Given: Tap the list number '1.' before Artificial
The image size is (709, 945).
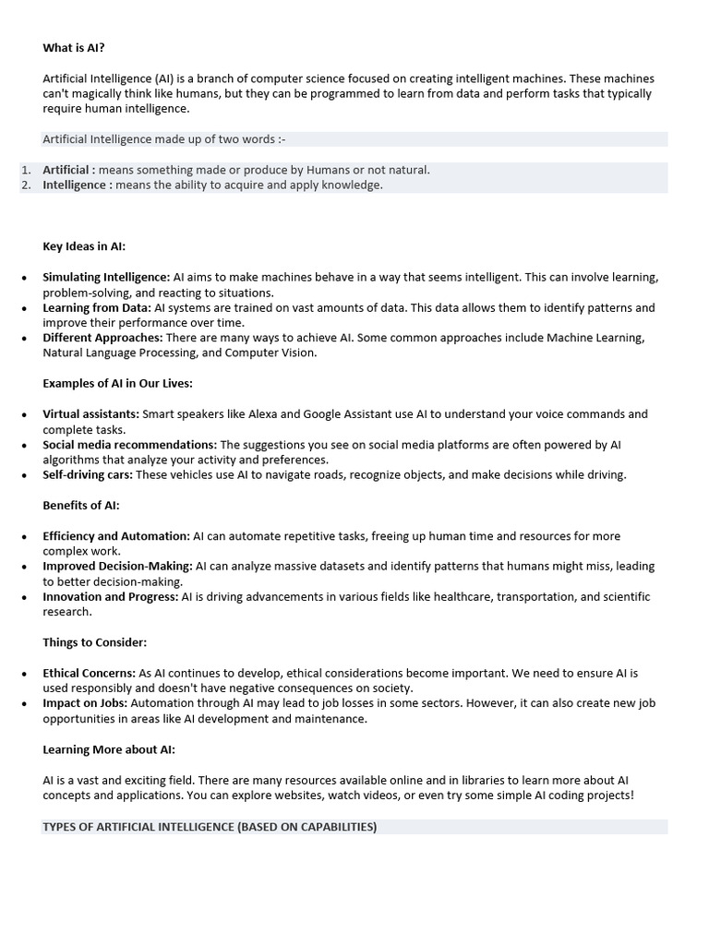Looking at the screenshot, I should point(26,170).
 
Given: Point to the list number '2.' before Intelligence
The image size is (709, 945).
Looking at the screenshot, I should point(26,185).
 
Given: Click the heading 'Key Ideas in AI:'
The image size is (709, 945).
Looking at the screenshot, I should point(84,246).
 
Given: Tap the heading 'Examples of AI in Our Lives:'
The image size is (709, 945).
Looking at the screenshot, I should point(117,383).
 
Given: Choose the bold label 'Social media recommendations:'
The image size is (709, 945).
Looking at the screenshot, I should point(129,445).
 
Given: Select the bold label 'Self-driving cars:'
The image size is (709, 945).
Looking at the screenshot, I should point(88,475).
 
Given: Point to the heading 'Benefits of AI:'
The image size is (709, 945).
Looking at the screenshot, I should point(81,506).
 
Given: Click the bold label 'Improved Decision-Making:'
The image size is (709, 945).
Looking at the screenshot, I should point(117,566).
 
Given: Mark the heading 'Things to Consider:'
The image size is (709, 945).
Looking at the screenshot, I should point(94,641).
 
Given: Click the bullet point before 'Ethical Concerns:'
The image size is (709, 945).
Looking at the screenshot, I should point(24,673).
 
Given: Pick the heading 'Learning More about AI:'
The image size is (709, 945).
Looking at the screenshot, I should point(109,749).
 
